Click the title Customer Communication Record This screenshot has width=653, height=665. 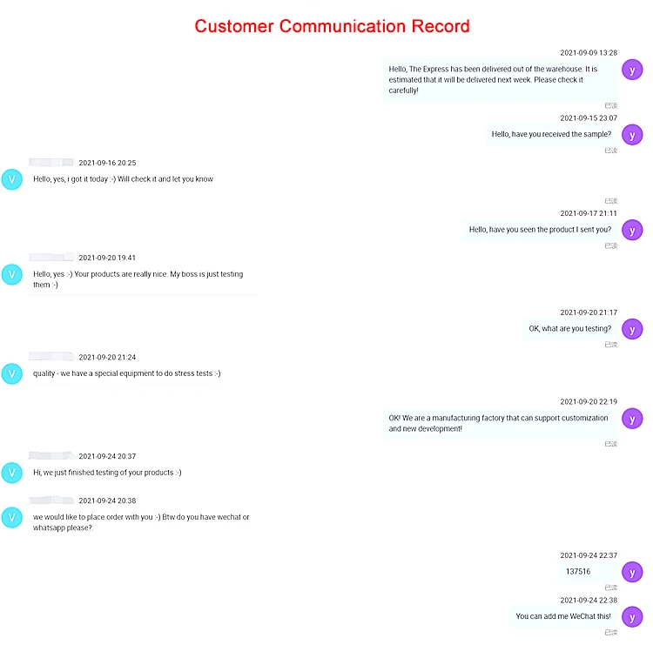(x=332, y=26)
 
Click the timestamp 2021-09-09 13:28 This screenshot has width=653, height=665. (x=588, y=53)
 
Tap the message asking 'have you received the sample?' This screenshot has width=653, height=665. (x=551, y=134)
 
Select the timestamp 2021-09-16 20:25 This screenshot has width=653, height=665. (x=107, y=163)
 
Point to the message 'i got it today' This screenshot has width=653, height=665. (x=123, y=179)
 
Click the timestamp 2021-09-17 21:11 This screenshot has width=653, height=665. (x=588, y=213)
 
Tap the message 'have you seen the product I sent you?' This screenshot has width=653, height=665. (x=540, y=230)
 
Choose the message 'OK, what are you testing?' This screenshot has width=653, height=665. (x=569, y=329)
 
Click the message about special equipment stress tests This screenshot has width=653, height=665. (x=126, y=373)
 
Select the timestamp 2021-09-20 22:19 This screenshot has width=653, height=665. (x=588, y=401)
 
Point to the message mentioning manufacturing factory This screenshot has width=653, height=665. (x=498, y=423)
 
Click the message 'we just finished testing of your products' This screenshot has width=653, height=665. (x=107, y=473)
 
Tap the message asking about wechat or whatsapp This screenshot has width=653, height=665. (x=141, y=522)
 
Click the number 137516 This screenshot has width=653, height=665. (x=578, y=572)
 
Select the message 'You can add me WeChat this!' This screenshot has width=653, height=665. (x=563, y=616)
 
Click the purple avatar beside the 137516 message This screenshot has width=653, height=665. (x=632, y=572)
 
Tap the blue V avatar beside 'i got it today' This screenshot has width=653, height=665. (x=12, y=179)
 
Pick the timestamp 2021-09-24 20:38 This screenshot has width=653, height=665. (x=107, y=500)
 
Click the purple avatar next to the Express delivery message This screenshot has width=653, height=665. (x=632, y=70)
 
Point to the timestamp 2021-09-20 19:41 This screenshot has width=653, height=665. (x=107, y=258)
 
